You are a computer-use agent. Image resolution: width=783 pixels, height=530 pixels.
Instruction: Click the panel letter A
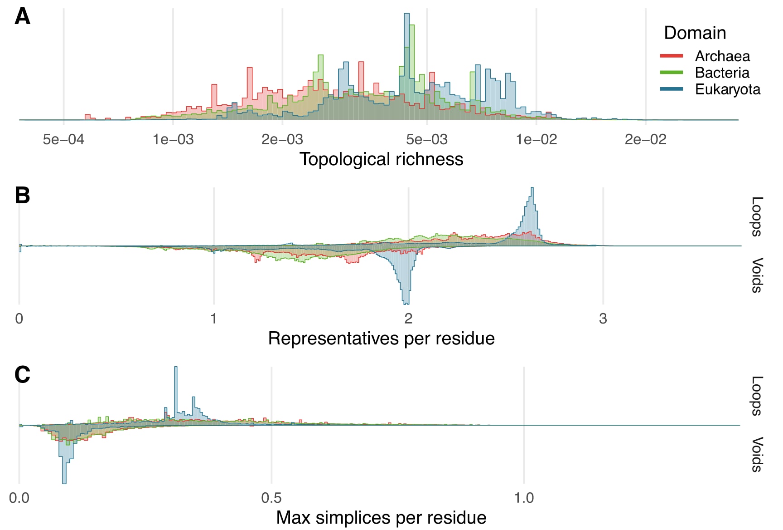click(x=22, y=17)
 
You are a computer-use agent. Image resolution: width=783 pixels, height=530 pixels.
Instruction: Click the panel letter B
click(x=22, y=196)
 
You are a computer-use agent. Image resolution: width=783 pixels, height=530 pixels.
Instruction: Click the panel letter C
click(x=22, y=375)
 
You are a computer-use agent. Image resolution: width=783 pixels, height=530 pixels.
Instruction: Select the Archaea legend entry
click(x=722, y=56)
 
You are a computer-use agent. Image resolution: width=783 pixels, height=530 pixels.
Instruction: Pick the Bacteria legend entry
click(x=722, y=73)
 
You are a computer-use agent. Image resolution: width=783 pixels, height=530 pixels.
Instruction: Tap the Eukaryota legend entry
click(x=727, y=89)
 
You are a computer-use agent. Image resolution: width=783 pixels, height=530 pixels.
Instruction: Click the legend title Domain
click(x=695, y=33)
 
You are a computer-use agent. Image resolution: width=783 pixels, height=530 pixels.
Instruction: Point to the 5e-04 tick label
click(x=63, y=139)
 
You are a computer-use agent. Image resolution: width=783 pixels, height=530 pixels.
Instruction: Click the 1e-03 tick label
click(x=173, y=139)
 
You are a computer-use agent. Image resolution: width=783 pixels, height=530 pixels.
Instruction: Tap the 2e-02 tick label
click(x=645, y=139)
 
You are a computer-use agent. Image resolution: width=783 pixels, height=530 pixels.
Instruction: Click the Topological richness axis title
click(x=381, y=159)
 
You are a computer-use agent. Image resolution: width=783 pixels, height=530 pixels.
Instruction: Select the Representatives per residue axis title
click(x=381, y=339)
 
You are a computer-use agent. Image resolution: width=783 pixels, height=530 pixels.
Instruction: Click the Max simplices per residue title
click(x=381, y=518)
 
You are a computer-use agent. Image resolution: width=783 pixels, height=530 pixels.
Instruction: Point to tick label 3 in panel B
click(x=603, y=319)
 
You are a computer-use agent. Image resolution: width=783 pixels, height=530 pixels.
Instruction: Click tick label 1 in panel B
click(x=213, y=319)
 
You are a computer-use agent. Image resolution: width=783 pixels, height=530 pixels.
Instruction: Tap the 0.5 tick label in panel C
click(x=271, y=498)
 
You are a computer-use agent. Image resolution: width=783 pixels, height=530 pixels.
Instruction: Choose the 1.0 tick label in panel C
click(x=524, y=498)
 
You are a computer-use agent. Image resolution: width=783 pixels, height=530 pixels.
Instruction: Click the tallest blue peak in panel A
click(x=406, y=15)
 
